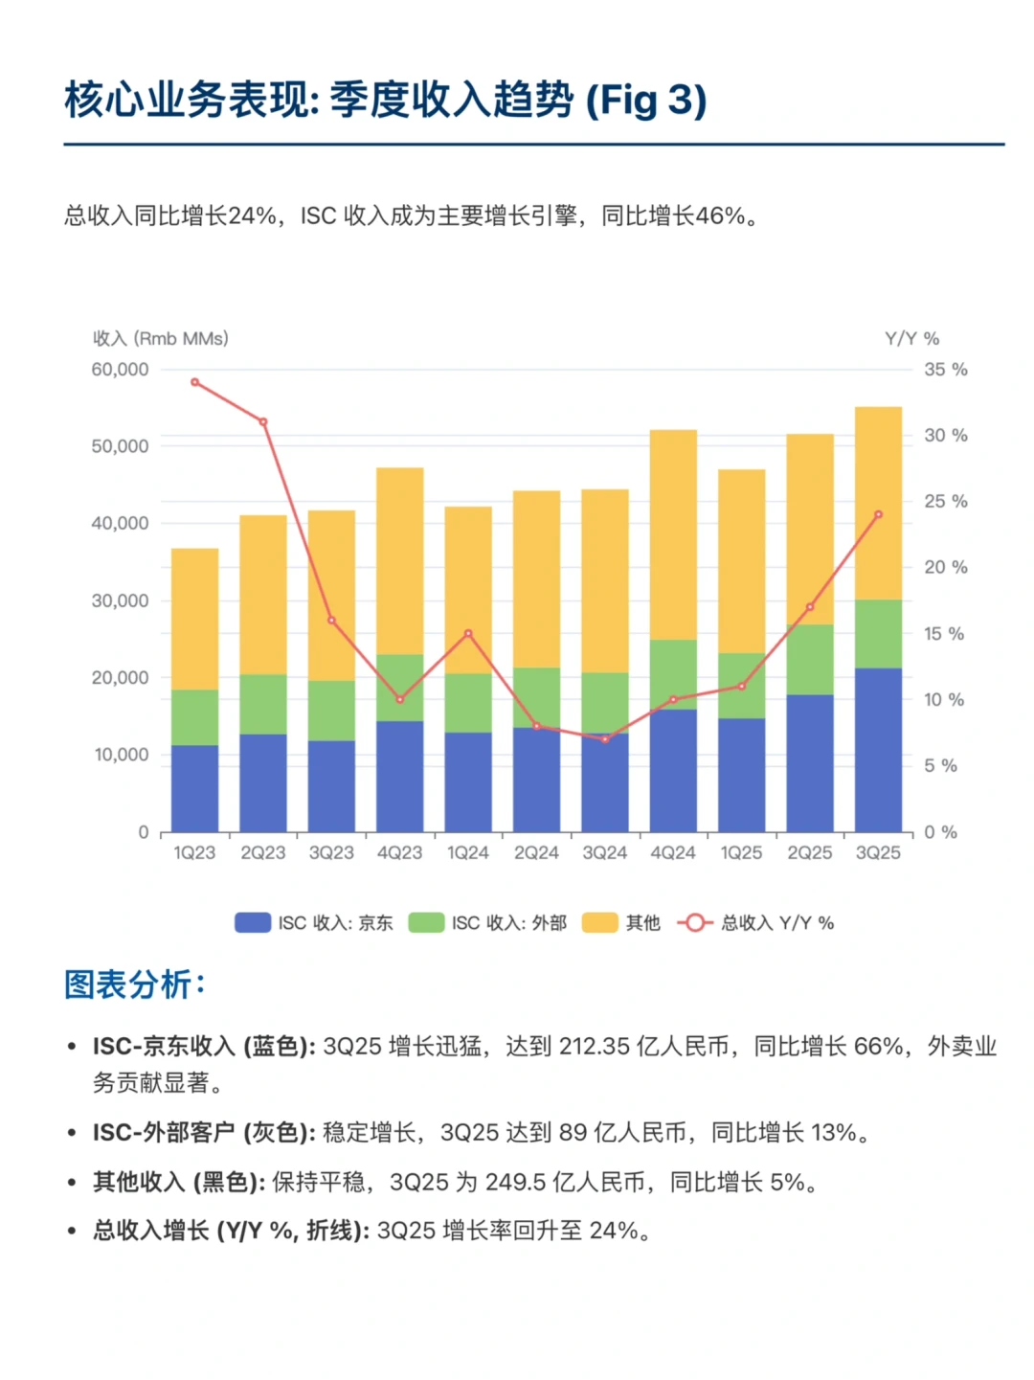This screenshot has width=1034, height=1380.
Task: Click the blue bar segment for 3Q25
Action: (878, 749)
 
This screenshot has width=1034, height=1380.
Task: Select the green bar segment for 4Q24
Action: (673, 674)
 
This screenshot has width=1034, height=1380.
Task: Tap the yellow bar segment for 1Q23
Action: (194, 619)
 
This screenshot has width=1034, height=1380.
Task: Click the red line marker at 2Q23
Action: (263, 422)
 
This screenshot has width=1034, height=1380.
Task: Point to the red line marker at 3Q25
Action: (878, 515)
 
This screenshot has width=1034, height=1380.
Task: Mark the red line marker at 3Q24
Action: (605, 739)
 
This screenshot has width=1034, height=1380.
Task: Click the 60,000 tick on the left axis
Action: (120, 370)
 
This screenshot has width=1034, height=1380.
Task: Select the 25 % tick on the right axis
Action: (945, 502)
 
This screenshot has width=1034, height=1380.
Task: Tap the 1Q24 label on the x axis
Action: (468, 853)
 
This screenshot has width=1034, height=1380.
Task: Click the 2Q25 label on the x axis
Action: (810, 853)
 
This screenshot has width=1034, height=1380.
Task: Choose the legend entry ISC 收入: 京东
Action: (314, 923)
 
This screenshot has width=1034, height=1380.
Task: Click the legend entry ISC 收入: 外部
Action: (487, 923)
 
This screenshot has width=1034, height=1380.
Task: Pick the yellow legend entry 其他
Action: (622, 923)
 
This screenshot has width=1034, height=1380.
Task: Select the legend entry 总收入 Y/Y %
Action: (756, 923)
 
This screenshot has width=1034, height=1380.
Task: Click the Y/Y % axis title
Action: (911, 339)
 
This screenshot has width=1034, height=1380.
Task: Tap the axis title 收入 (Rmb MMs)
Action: (161, 339)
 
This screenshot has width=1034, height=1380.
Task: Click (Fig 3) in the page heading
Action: (646, 101)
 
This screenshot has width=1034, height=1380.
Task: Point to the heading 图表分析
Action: (134, 984)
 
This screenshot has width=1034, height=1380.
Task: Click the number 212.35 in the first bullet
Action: (594, 1047)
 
